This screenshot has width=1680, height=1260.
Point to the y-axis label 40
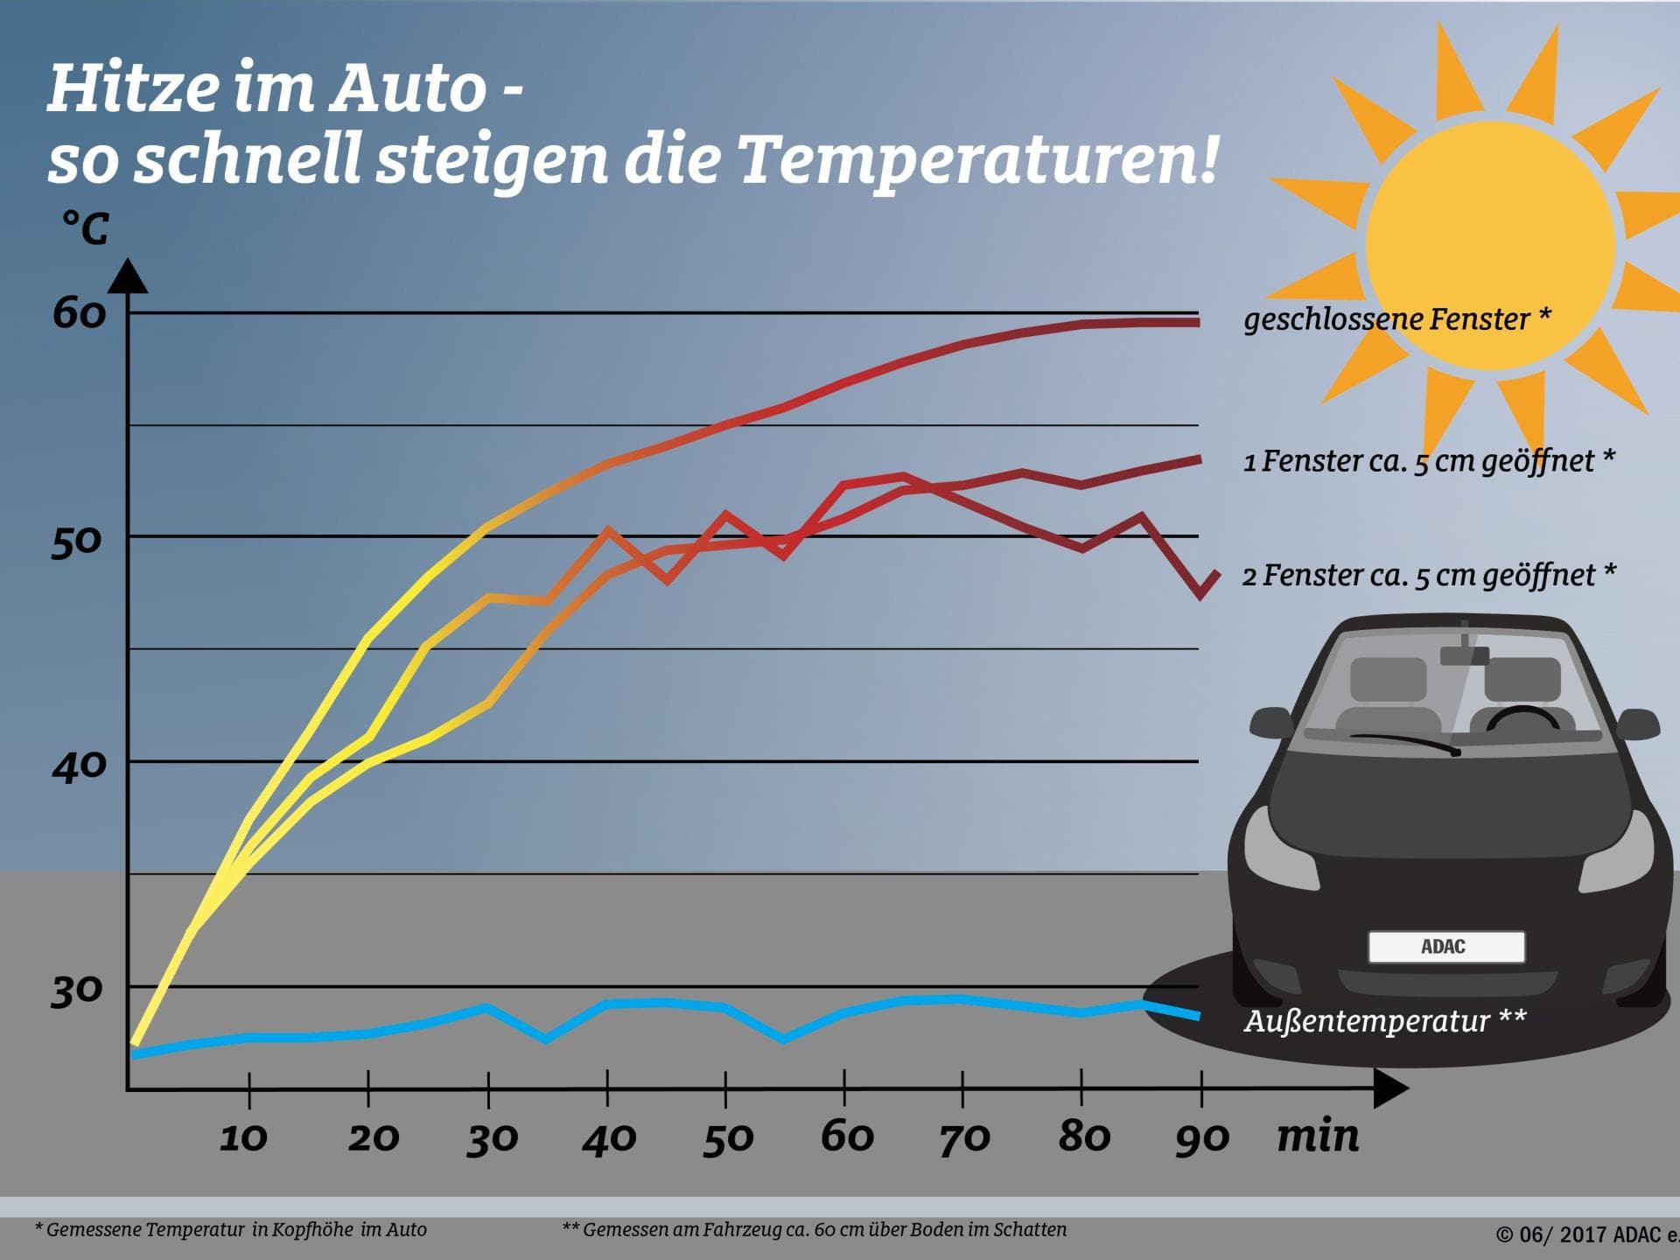coord(79,766)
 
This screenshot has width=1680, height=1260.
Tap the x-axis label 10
coord(243,1137)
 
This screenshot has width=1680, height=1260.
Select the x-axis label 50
coord(727,1137)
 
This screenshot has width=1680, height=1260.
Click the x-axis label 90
coord(1201,1137)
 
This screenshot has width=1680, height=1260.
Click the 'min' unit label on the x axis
coord(1318,1136)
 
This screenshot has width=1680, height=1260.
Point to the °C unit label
coord(86,229)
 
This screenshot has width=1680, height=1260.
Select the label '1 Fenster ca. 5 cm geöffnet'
coord(1428,461)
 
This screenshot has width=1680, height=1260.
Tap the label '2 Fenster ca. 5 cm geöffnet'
coord(1428,576)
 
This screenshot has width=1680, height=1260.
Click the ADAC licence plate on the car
coord(1445,947)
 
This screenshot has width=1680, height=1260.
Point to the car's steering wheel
coord(1522,719)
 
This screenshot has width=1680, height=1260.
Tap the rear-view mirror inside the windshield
coord(1464,655)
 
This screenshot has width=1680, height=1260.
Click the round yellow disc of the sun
coord(1489,245)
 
